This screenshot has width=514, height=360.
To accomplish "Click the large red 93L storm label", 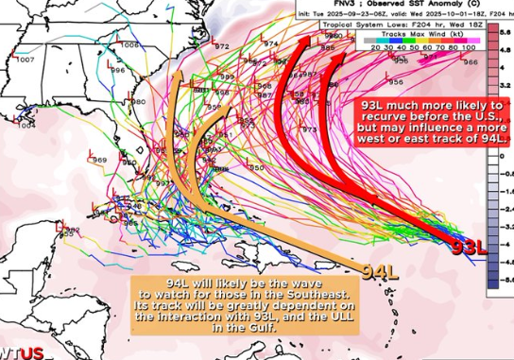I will pos(468,248).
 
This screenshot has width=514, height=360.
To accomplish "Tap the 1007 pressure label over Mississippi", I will pos(26,60).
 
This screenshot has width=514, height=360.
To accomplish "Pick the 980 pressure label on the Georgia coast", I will pos(138,101).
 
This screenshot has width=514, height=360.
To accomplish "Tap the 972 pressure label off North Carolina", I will pos(222,46).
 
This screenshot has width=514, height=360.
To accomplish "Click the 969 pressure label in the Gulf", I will pos(99,161).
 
